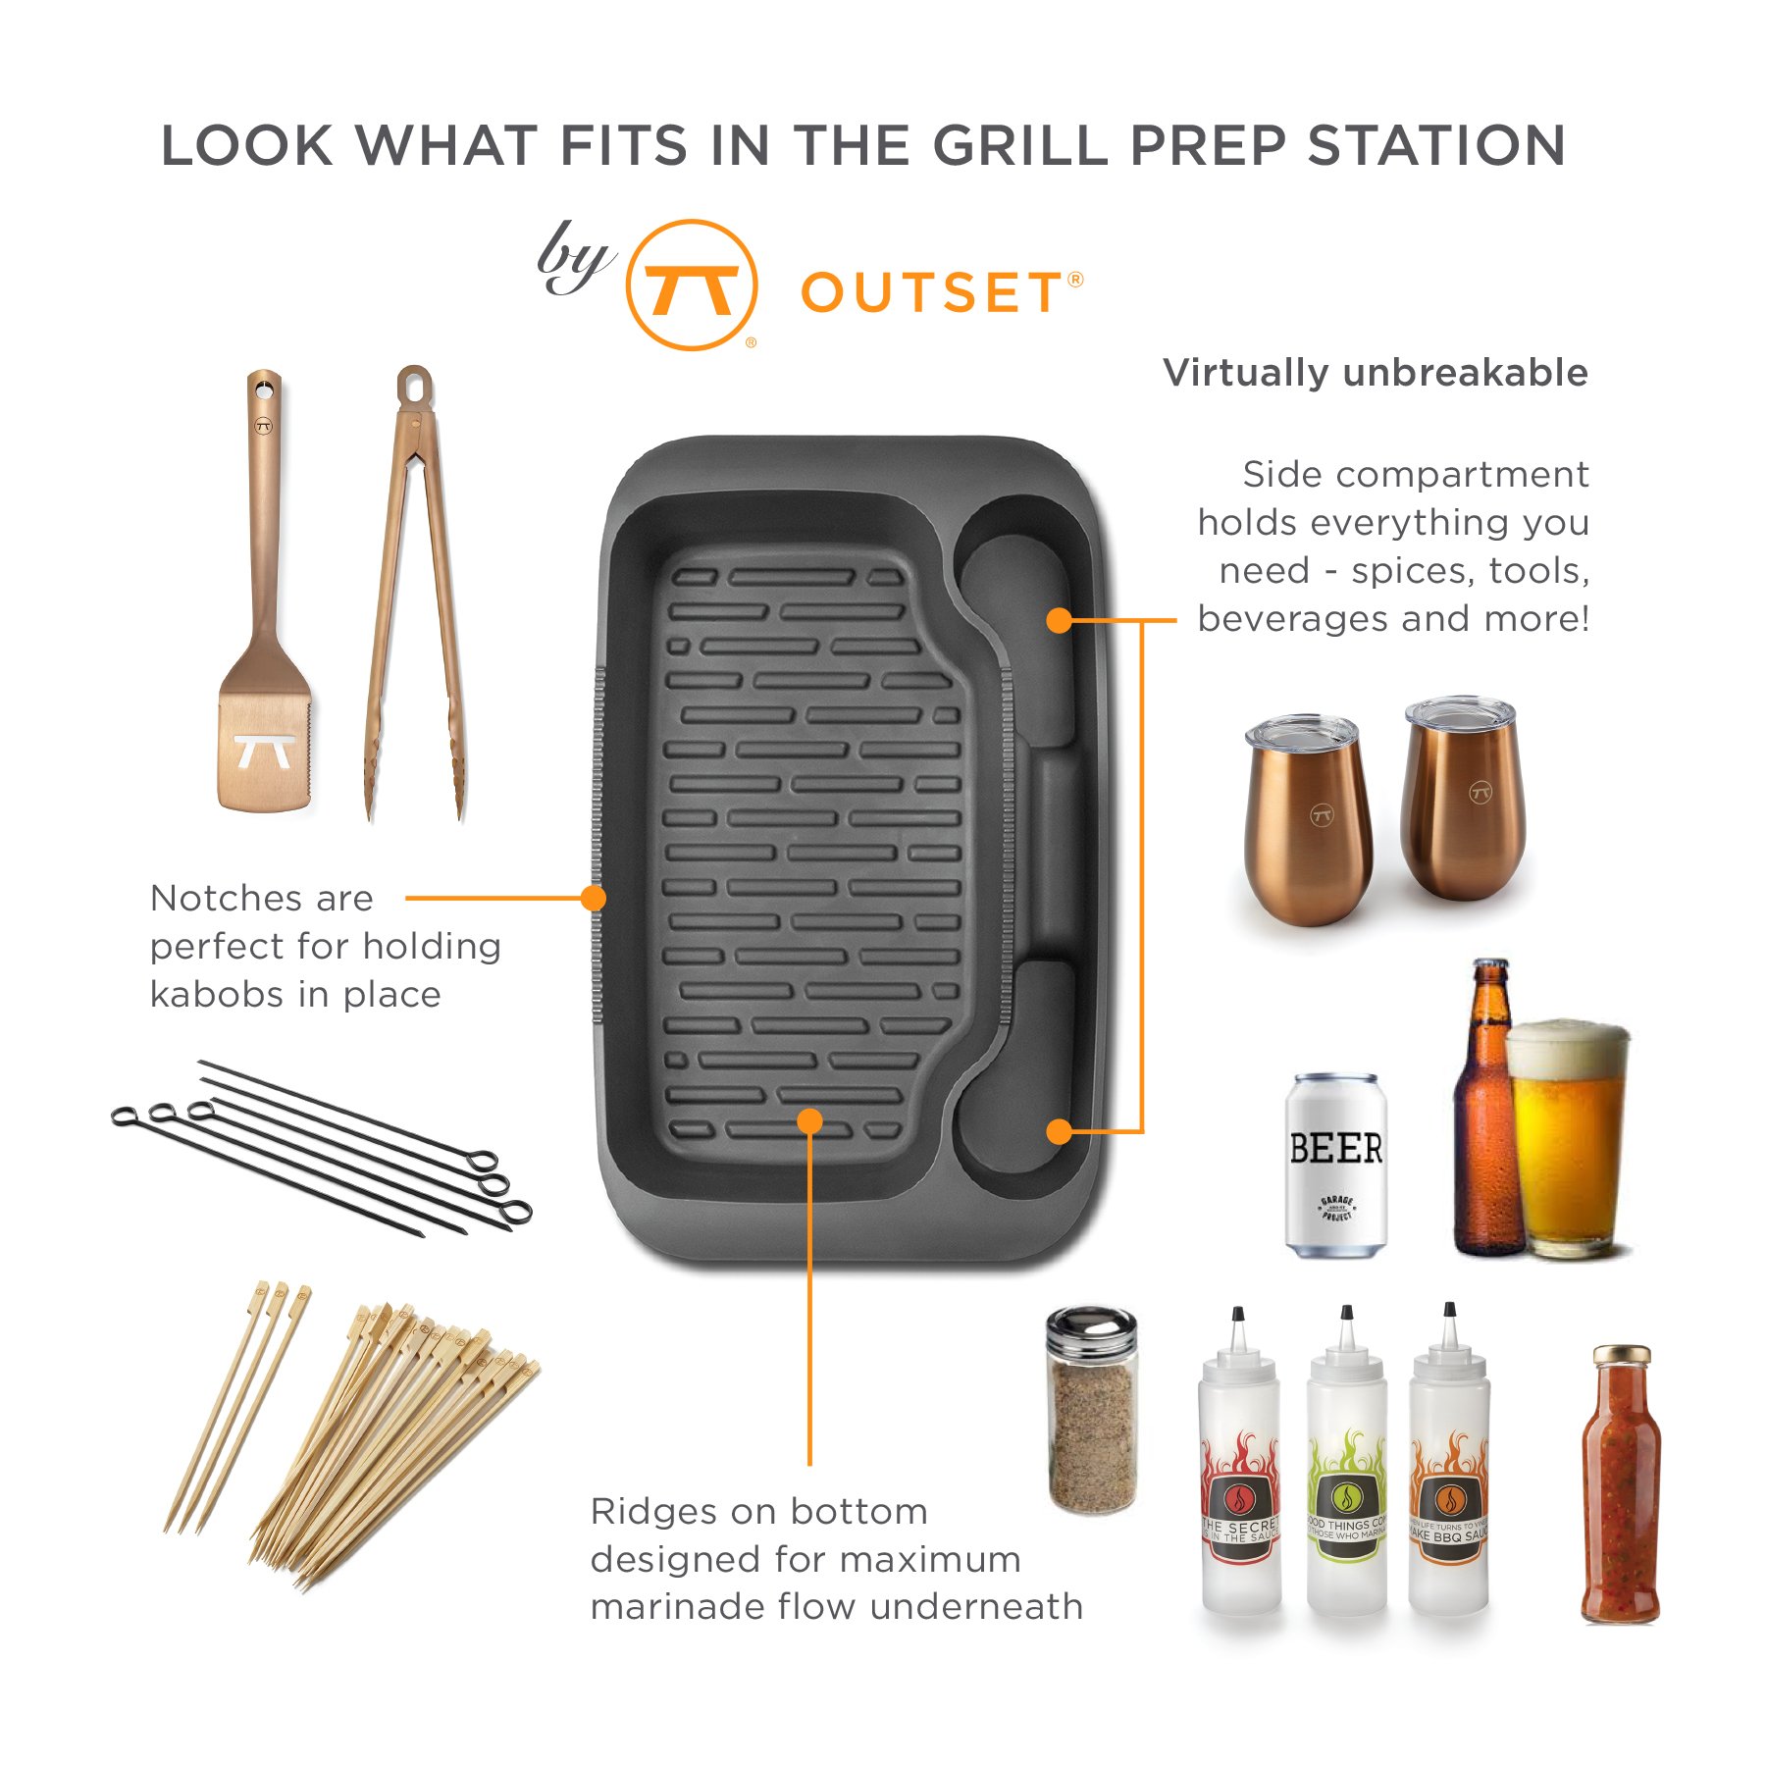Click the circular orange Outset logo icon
coord(692,285)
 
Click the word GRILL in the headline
coord(1020,146)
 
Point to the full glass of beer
coord(1568,1138)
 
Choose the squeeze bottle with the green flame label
coord(1346,1472)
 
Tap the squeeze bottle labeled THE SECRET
coord(1240,1472)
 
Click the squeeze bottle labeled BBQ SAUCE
coord(1449,1472)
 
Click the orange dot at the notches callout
coord(593,898)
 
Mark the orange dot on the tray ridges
coord(809,1120)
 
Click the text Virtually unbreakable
coord(1375,373)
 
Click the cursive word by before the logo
coord(573,258)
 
